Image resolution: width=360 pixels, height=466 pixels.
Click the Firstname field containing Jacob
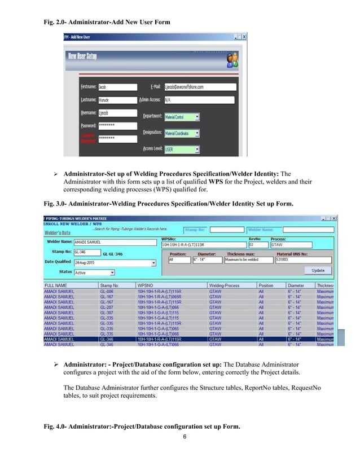pos(116,87)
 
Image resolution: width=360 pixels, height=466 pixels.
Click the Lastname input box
pos(116,100)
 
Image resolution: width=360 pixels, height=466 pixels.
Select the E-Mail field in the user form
pos(197,87)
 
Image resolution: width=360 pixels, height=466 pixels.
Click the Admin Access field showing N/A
pos(197,100)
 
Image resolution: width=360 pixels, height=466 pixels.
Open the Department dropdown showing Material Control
pos(181,117)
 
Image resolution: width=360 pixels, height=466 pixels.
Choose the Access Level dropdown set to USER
pos(181,150)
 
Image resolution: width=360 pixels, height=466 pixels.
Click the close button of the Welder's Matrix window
pos(333,217)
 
